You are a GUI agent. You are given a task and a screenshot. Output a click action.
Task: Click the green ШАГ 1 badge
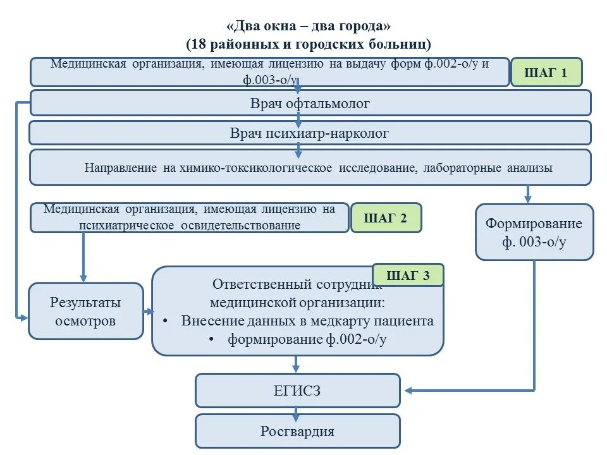(546, 73)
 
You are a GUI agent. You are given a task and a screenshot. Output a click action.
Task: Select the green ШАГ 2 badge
(386, 219)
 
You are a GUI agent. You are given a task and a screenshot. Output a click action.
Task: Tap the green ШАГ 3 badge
(408, 276)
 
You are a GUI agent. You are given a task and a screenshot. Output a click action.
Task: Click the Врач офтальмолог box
(310, 103)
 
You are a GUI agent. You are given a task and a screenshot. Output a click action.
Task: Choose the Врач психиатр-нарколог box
(310, 133)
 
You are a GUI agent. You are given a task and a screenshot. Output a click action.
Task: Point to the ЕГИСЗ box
(297, 391)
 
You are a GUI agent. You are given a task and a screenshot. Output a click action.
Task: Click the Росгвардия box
(297, 432)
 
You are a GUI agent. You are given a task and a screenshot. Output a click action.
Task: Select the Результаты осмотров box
(85, 311)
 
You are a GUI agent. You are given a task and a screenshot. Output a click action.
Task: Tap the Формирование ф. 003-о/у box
(534, 233)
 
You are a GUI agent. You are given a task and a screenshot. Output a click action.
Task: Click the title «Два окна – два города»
(309, 27)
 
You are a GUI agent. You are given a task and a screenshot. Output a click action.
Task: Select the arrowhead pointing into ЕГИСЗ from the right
(410, 391)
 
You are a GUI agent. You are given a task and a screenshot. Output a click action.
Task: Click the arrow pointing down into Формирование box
(528, 197)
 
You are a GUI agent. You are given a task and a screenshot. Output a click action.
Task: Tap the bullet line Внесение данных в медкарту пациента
(307, 321)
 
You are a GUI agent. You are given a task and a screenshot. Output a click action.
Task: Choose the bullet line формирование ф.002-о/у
(307, 339)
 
